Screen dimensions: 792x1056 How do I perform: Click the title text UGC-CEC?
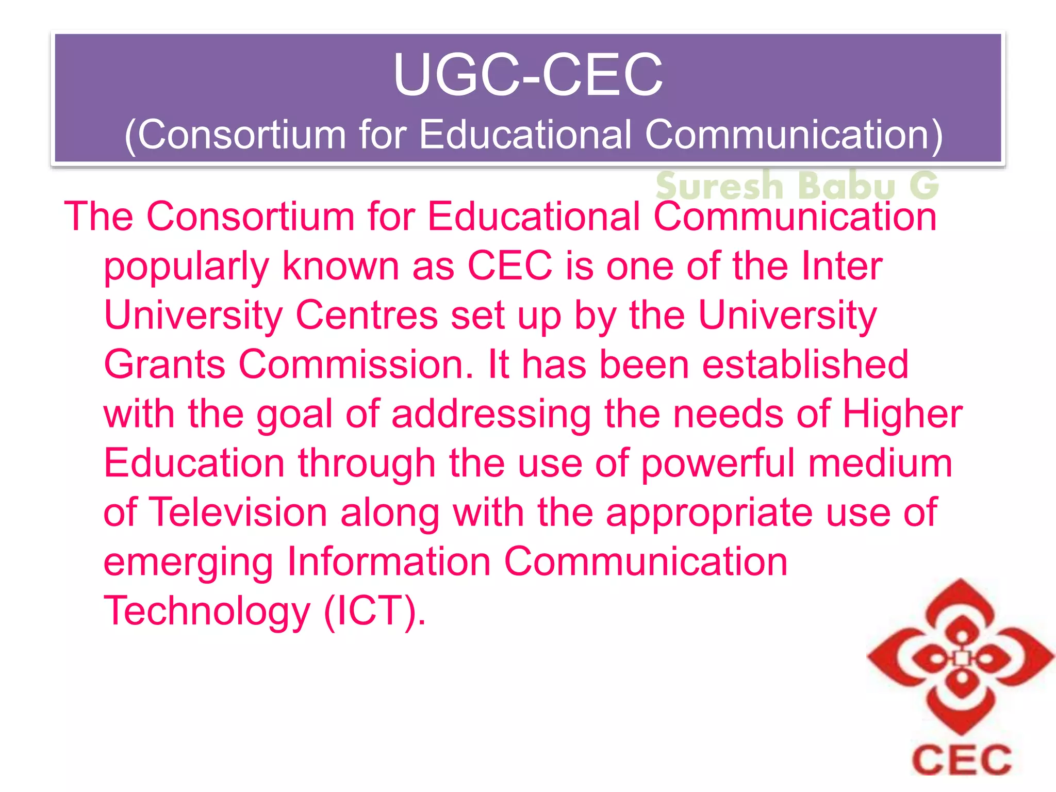tap(527, 75)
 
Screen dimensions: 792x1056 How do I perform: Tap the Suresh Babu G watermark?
tap(797, 185)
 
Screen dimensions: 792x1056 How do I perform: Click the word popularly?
tap(187, 267)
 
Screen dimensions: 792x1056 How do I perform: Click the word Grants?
tap(164, 365)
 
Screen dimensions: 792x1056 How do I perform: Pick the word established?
tap(805, 365)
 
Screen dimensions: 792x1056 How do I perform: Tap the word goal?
tap(294, 415)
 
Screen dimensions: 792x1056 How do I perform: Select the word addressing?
tap(491, 415)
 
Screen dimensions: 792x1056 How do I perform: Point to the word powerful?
tap(718, 464)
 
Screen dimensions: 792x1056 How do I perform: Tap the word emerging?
tap(188, 563)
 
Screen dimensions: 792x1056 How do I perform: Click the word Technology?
tap(207, 612)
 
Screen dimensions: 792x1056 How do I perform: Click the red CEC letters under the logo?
tap(962, 760)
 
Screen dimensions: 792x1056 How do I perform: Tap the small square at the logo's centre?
tap(961, 658)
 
